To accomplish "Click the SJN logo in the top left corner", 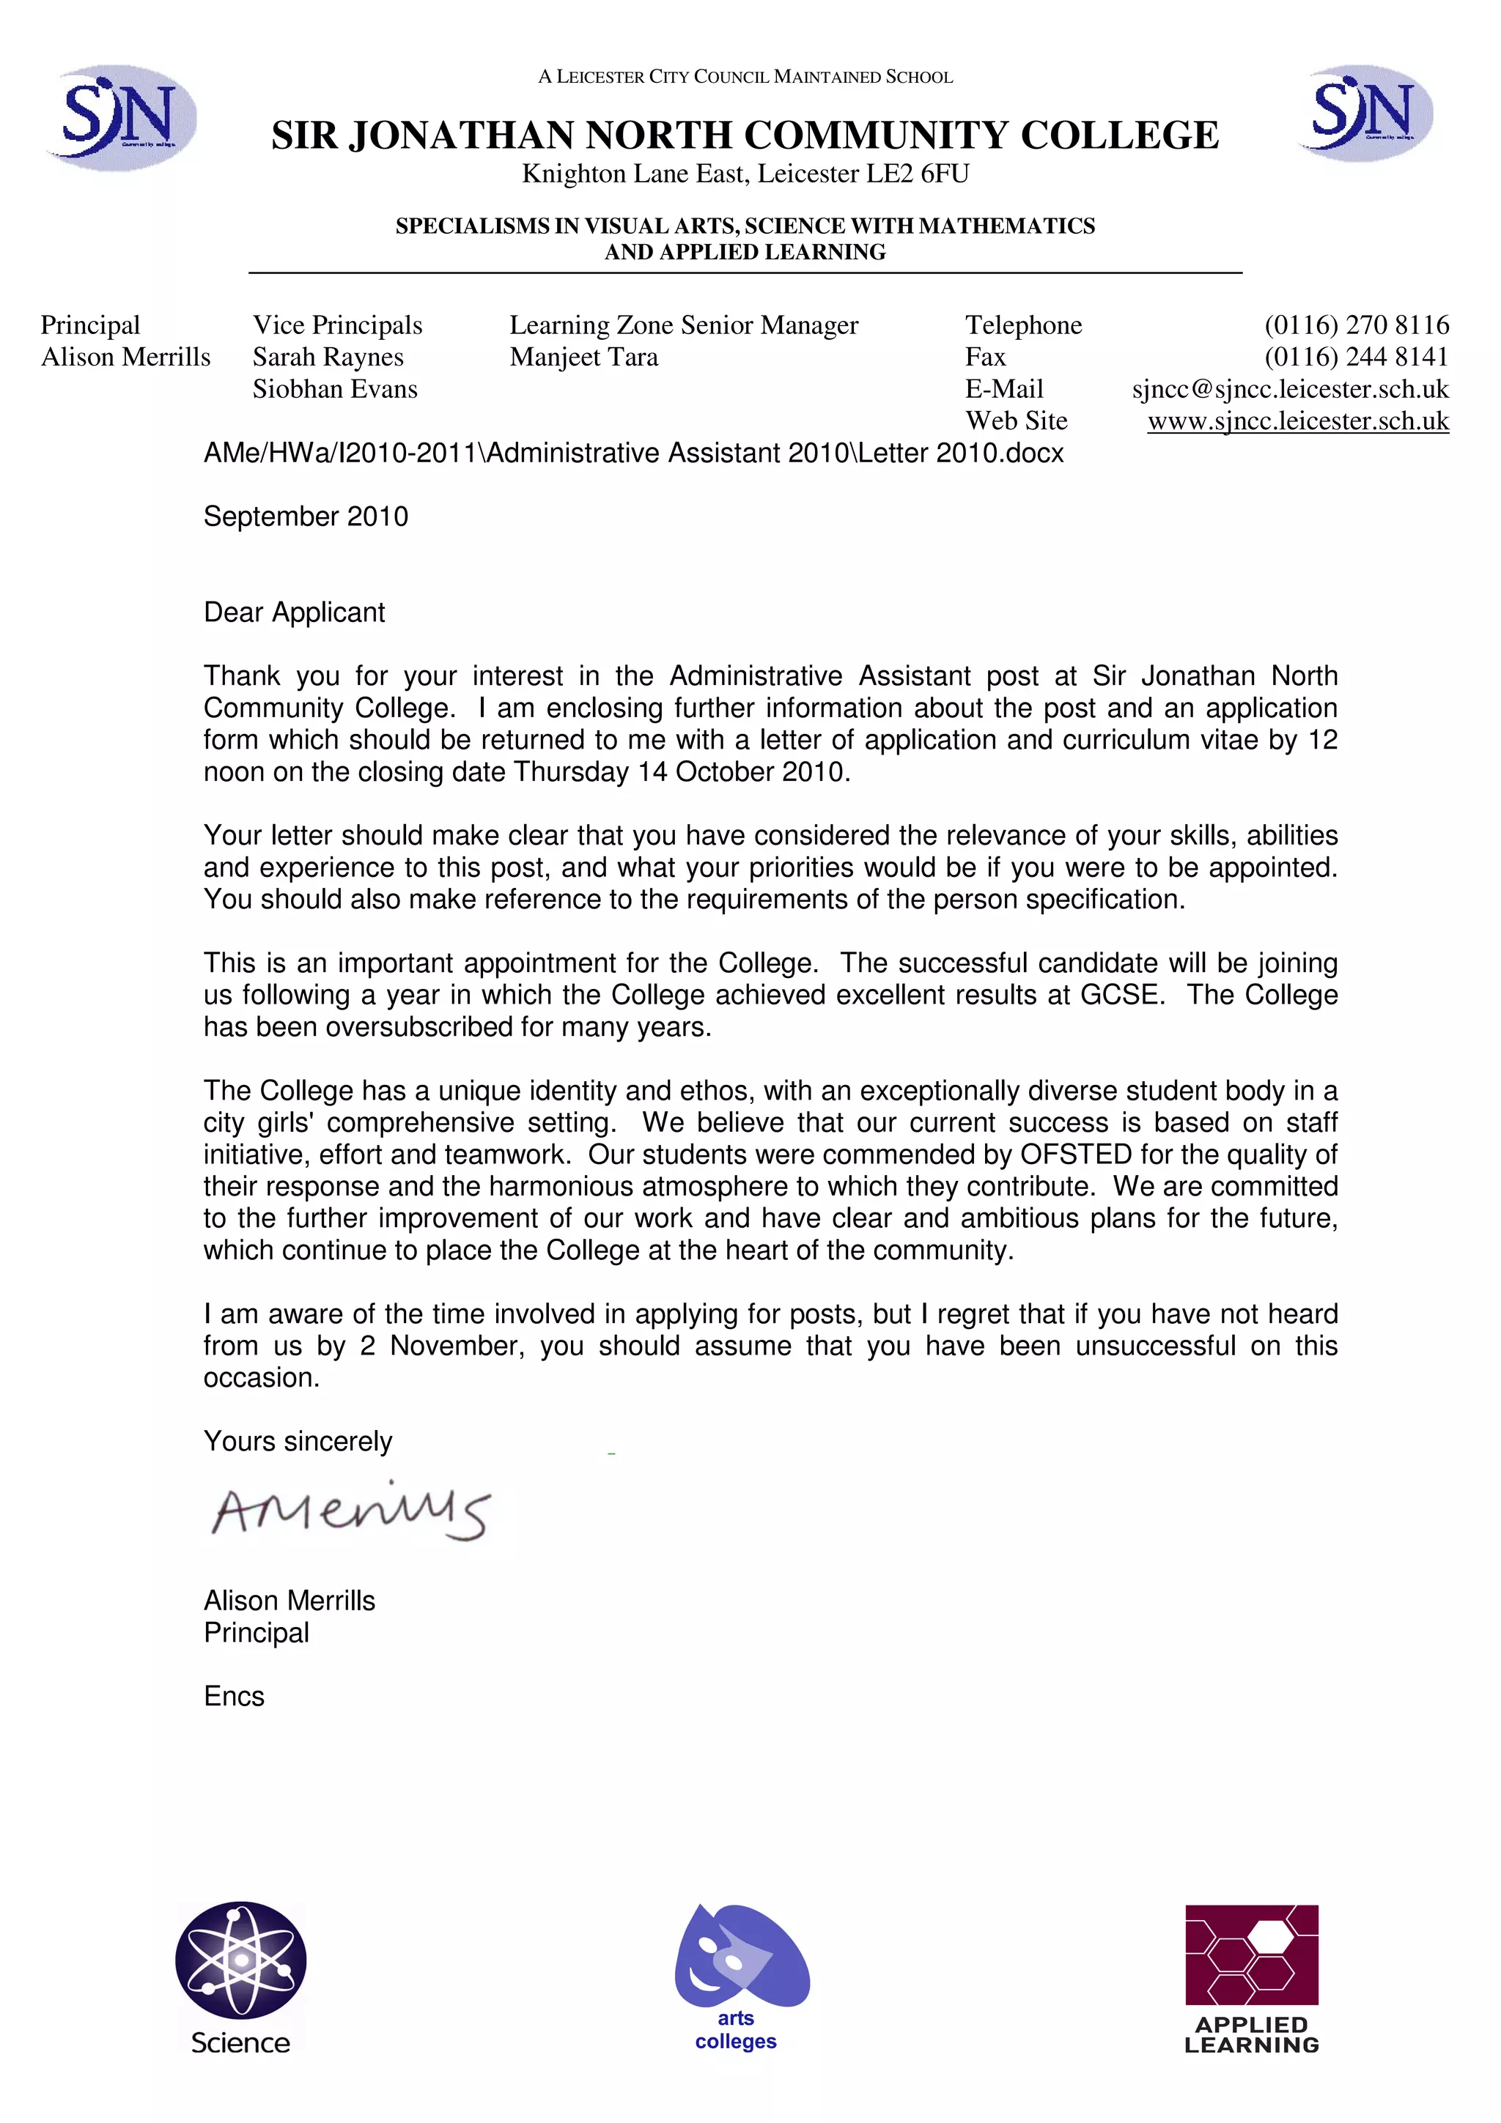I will coord(120,117).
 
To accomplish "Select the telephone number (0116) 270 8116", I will coord(1356,325).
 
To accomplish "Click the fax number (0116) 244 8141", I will coord(1356,357).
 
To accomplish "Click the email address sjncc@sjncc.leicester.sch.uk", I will coord(1289,389).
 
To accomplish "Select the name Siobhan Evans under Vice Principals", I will coord(335,389).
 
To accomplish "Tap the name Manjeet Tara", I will coord(583,357).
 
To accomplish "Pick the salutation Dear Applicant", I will coord(294,612).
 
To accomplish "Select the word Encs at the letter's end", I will coord(234,1697).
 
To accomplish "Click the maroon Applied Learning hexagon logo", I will coord(1251,1955).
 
